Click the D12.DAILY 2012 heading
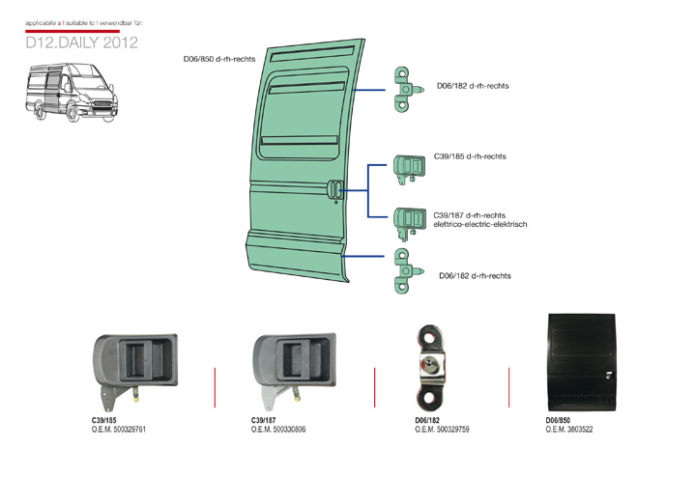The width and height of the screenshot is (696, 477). pos(82,43)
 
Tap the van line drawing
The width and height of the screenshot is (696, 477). pos(74,94)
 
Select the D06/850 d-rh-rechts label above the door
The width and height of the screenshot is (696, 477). pos(219,60)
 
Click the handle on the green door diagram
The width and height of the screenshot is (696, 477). pos(335,190)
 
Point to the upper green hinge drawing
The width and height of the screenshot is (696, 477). pos(407,88)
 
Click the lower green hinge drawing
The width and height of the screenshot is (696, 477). pos(405,271)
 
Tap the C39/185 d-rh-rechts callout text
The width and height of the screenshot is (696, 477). pos(471,155)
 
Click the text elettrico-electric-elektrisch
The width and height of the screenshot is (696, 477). pos(480,224)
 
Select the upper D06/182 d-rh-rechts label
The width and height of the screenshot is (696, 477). pos(473,86)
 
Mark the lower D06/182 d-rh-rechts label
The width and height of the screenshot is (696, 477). pos(475,275)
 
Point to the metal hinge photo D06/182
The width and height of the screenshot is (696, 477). pos(431,366)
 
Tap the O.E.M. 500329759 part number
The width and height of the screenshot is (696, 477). pos(442,430)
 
